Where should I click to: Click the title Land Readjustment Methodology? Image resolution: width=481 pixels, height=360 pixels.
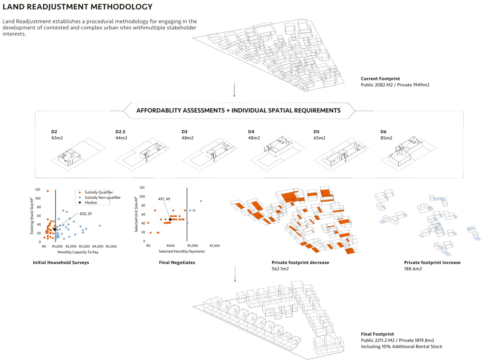(77, 7)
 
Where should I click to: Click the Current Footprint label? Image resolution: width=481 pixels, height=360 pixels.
(378, 79)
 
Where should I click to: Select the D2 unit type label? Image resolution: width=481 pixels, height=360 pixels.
(54, 132)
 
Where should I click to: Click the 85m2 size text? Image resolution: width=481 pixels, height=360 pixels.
(386, 138)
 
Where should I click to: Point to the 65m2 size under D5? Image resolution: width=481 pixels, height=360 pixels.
(320, 138)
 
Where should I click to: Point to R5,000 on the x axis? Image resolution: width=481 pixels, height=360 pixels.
(111, 246)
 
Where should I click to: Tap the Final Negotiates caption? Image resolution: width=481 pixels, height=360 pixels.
(177, 263)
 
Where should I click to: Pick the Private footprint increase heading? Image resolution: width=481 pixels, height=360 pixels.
(432, 263)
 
